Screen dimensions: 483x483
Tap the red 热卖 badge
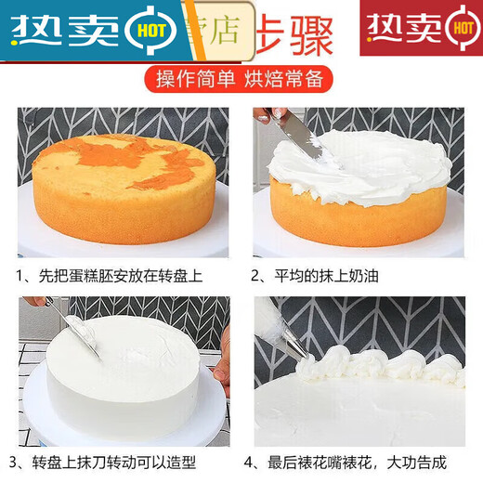click(x=421, y=28)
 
